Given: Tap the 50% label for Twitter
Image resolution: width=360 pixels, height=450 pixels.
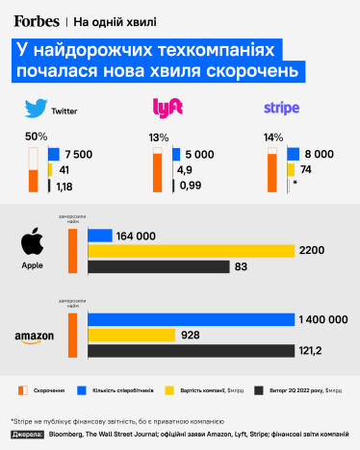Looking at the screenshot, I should pos(37,137).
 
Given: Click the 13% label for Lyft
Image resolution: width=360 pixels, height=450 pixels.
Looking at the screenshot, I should pos(158,137).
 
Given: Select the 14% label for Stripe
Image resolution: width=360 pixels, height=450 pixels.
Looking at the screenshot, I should pos(273,137).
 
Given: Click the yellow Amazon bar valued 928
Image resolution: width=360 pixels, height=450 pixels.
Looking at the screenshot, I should pos(132,335).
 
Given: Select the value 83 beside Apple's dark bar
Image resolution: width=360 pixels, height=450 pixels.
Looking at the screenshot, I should pos(242,266).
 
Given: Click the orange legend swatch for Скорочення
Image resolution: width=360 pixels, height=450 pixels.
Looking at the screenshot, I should pos(21,391).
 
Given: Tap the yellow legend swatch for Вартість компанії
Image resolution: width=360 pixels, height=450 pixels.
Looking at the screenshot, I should pos(170,391).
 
